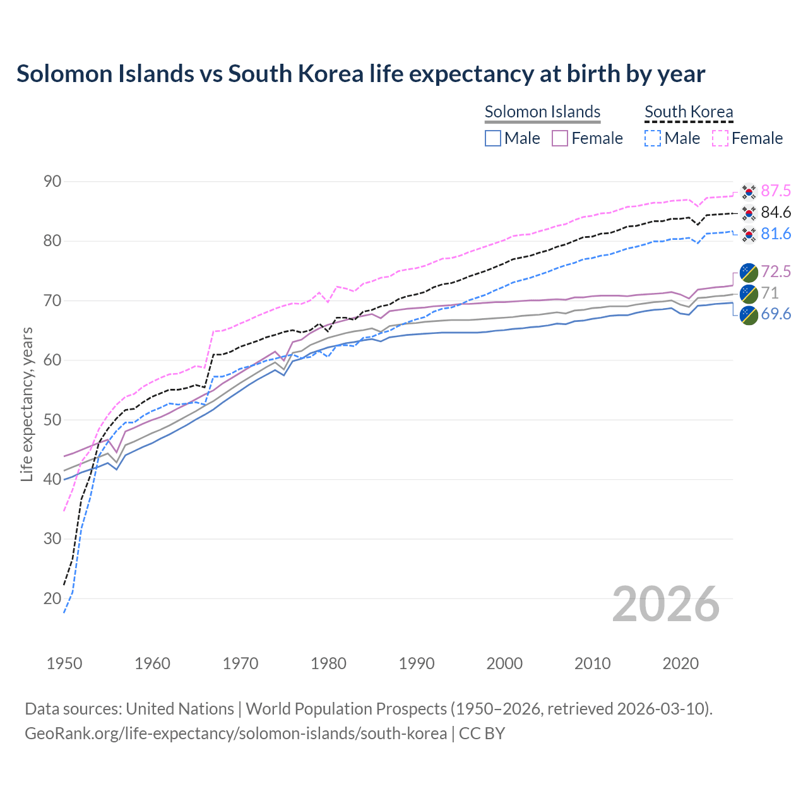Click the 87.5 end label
click(x=776, y=191)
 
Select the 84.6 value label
click(x=776, y=212)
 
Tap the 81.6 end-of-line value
click(x=776, y=234)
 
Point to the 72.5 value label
click(x=776, y=271)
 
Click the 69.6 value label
click(x=776, y=314)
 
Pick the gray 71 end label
click(x=769, y=293)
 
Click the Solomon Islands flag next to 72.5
click(x=749, y=272)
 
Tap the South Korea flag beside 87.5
click(x=749, y=191)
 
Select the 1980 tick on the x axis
click(x=329, y=663)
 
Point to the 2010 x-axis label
click(x=592, y=663)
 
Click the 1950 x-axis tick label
click(x=65, y=663)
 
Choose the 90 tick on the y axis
click(x=52, y=182)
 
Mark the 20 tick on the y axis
click(x=52, y=598)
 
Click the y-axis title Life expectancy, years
click(x=27, y=404)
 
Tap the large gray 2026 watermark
click(x=665, y=605)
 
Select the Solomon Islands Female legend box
click(x=560, y=138)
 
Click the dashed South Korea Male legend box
click(x=653, y=138)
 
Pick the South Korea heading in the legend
click(x=689, y=112)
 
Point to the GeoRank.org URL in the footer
click(x=235, y=734)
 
